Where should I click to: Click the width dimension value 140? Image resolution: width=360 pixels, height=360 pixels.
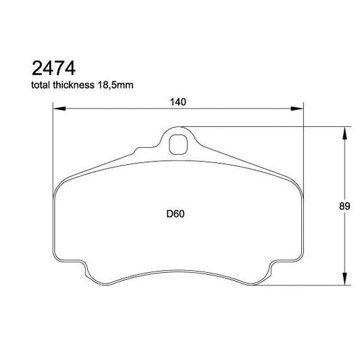click(178, 101)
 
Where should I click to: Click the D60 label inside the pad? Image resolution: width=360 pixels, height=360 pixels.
click(176, 214)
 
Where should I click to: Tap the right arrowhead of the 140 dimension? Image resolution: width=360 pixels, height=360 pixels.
click(299, 108)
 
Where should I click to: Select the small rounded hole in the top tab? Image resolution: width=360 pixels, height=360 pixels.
click(178, 143)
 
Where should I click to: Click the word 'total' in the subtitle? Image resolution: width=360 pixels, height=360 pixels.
click(40, 86)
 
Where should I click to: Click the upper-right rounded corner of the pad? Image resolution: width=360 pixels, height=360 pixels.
click(296, 181)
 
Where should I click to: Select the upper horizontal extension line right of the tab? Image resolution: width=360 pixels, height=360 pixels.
click(270, 126)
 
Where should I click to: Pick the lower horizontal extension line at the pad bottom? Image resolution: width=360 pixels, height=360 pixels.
click(311, 286)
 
